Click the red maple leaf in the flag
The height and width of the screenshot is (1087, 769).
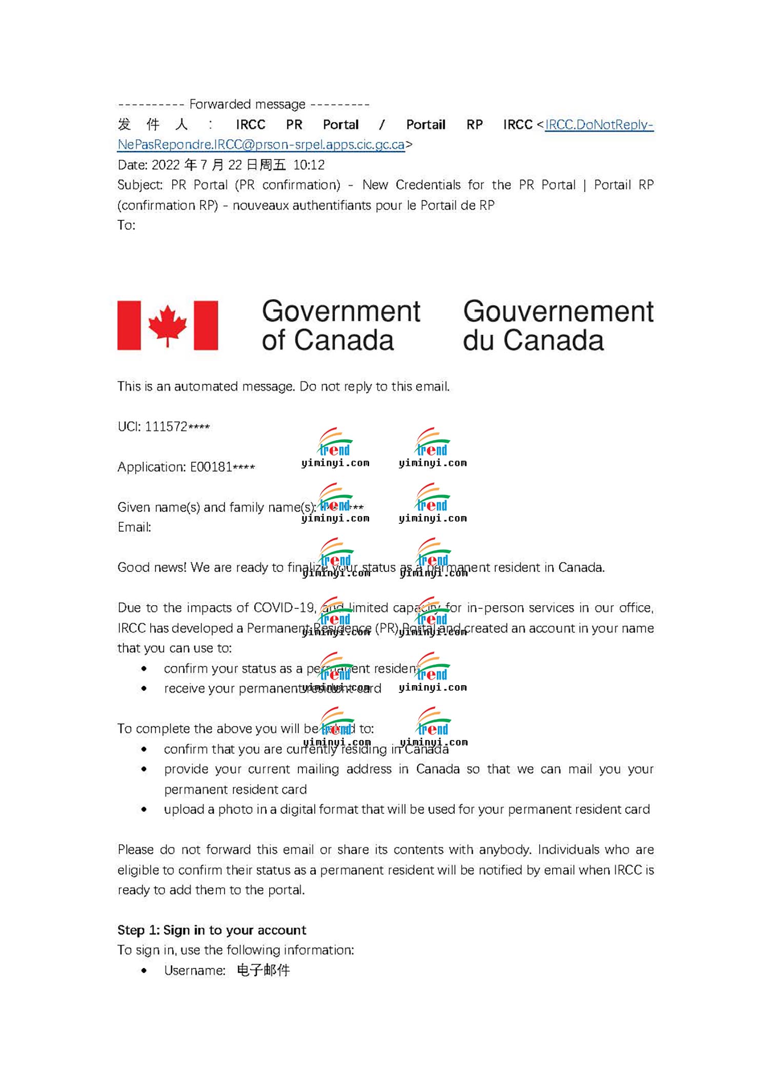(167, 325)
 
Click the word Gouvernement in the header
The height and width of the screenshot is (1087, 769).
(558, 312)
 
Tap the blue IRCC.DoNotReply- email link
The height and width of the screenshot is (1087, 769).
(599, 125)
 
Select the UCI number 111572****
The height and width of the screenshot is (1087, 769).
(177, 426)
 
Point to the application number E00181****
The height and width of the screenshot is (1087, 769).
(222, 467)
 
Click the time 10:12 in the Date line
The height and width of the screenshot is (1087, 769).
(309, 165)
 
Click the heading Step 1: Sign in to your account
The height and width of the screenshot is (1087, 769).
(211, 930)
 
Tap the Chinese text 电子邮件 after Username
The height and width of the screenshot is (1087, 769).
(264, 970)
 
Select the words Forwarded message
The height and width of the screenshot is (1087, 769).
(247, 105)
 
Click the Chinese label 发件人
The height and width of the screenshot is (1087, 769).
(153, 125)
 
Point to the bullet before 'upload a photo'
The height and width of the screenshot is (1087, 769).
(144, 809)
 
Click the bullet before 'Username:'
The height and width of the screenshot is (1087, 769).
(144, 970)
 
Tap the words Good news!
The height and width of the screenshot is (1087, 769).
(152, 567)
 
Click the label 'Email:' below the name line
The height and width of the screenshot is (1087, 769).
(134, 527)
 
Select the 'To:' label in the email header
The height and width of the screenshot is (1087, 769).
(126, 225)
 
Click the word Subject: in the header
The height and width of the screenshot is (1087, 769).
(140, 185)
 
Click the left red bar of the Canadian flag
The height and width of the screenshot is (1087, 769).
(129, 325)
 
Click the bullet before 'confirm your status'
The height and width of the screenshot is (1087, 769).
(144, 668)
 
